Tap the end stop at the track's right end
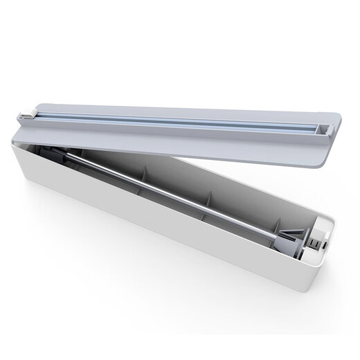(x=323, y=127)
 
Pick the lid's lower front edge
(x=208, y=158)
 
